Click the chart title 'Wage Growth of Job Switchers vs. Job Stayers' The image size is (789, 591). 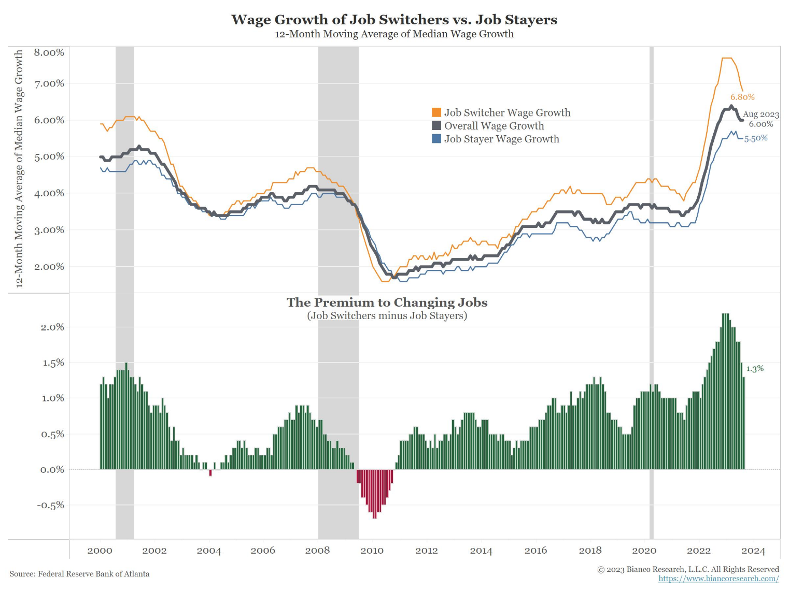tap(394, 20)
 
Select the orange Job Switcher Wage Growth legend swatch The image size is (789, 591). tap(436, 112)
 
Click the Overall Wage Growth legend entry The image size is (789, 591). tap(494, 126)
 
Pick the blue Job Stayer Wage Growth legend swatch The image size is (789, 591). tap(436, 139)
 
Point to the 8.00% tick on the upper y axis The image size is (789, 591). tap(49, 52)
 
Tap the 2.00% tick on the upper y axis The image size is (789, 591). tap(49, 267)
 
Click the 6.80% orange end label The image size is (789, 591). tap(742, 97)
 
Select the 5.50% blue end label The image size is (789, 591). tap(756, 138)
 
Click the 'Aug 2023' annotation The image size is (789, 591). tap(760, 114)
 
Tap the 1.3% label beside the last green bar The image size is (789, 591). tap(755, 369)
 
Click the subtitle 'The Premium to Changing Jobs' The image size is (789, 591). tap(387, 302)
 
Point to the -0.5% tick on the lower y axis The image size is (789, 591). tap(51, 505)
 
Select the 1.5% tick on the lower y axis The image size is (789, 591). tap(53, 363)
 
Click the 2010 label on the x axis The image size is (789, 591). tap(372, 551)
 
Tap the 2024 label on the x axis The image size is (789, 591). tap(753, 551)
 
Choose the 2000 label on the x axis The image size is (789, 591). tap(100, 551)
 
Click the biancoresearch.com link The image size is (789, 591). tap(718, 579)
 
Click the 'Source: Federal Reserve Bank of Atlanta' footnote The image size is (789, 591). tap(79, 574)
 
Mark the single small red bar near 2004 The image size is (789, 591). tap(210, 473)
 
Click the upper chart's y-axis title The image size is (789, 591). tap(19, 168)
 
